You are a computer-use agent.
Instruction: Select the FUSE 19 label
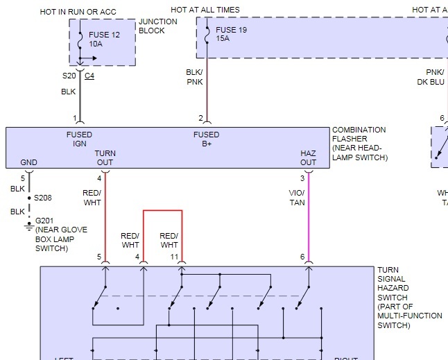[x=231, y=31]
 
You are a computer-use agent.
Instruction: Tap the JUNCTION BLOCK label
[x=158, y=26]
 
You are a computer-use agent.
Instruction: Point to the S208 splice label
[x=42, y=198]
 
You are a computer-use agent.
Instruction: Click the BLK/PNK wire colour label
[x=194, y=77]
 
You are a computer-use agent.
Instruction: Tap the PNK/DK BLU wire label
[x=430, y=77]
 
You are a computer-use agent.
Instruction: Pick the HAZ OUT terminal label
[x=308, y=157]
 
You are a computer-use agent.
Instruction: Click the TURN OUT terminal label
[x=105, y=157]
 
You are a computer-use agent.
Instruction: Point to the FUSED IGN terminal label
[x=79, y=139]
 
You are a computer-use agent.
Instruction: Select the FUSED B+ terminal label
[x=206, y=139]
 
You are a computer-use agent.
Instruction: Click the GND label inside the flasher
[x=28, y=162]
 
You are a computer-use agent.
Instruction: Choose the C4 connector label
[x=89, y=76]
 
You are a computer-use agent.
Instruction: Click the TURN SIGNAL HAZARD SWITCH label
[x=408, y=298]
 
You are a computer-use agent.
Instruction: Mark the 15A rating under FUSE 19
[x=223, y=40]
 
